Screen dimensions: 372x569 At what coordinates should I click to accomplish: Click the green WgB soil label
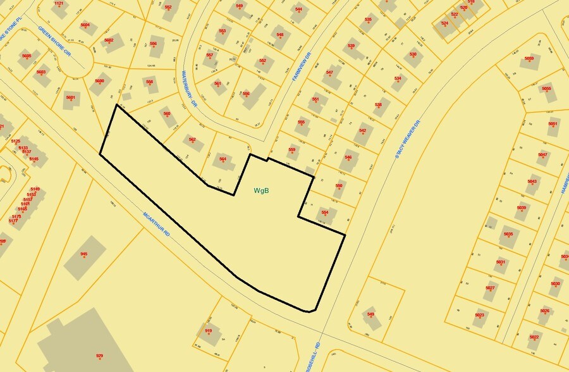(262, 190)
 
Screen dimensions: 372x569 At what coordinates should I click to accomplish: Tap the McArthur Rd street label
(157, 224)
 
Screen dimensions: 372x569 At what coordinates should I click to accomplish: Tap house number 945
(83, 254)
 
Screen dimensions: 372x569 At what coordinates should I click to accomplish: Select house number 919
(208, 331)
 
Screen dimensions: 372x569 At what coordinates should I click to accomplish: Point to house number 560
(167, 114)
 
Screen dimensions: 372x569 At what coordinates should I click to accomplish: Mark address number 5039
(522, 208)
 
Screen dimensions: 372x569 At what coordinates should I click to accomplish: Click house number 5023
(479, 314)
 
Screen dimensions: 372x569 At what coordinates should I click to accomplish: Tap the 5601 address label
(70, 97)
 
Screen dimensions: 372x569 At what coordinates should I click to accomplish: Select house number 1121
(59, 4)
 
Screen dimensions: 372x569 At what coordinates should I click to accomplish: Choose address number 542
(362, 130)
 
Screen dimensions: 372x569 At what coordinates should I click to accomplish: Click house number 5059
(529, 59)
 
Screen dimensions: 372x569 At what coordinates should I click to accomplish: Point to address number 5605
(27, 56)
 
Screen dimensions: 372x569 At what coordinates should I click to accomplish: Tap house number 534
(398, 78)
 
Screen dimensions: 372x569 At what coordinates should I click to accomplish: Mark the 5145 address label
(34, 159)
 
